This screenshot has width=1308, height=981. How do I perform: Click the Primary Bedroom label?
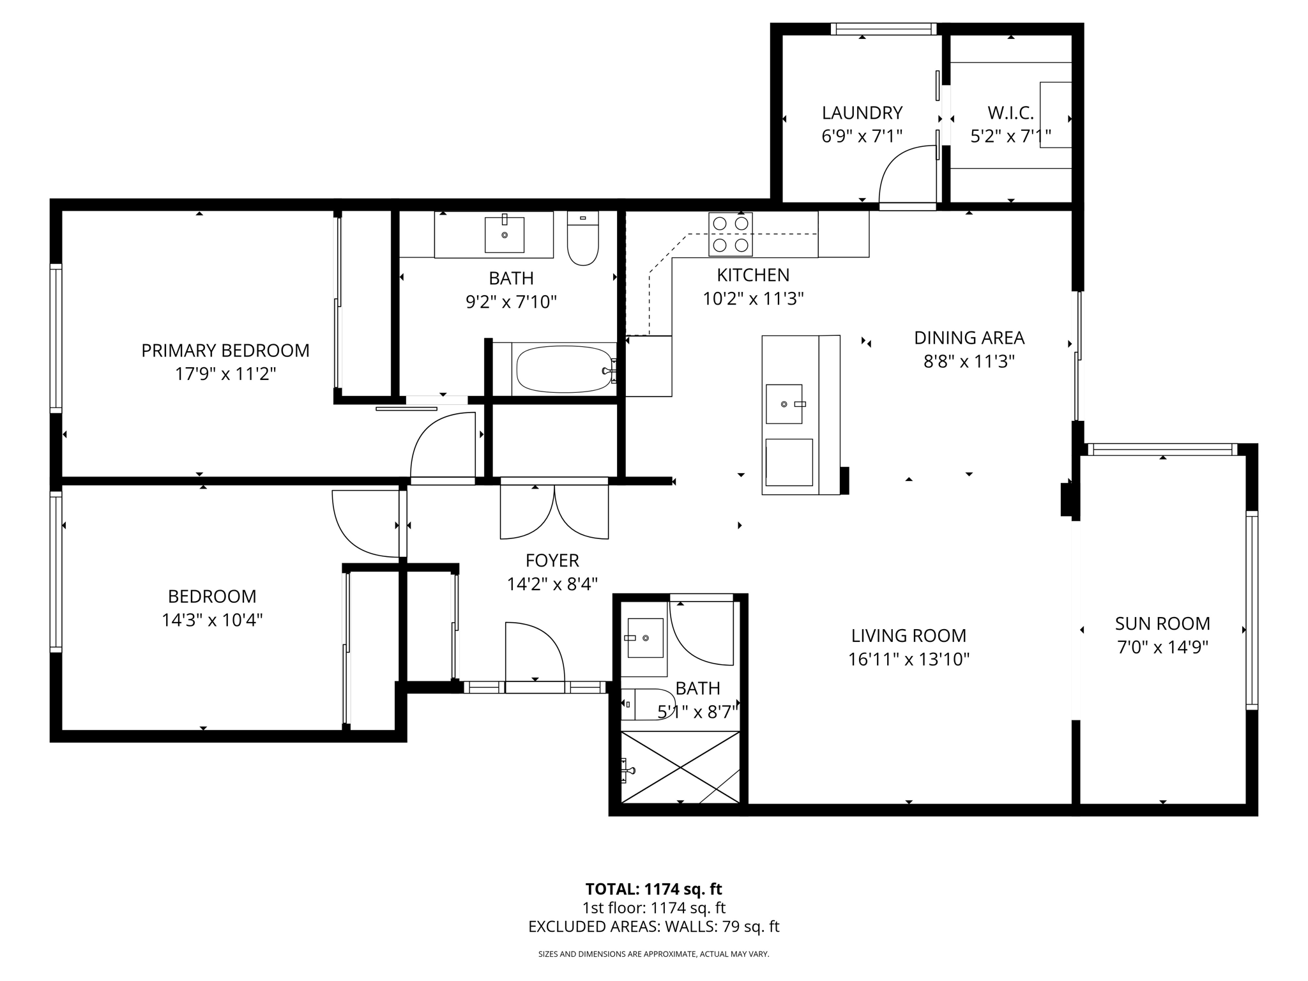click(x=225, y=351)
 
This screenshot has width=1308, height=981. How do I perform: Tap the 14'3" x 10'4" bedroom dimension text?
click(x=212, y=620)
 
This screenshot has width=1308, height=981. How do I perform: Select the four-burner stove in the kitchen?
click(x=730, y=234)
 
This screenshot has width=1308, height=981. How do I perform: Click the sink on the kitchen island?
click(x=784, y=404)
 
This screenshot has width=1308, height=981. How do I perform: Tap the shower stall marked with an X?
click(x=680, y=767)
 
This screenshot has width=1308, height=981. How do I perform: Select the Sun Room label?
click(x=1162, y=623)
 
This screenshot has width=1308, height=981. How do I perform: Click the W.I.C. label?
click(x=1010, y=113)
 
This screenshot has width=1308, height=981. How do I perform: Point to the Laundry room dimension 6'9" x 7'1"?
click(x=862, y=136)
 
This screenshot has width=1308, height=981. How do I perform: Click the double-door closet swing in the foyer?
click(x=554, y=512)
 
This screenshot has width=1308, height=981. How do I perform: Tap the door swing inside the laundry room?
click(x=907, y=176)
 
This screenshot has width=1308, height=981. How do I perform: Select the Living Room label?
click(x=908, y=635)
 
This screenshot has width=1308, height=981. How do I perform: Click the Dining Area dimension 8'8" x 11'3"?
click(x=969, y=361)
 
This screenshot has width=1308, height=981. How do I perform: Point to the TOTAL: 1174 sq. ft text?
click(x=653, y=889)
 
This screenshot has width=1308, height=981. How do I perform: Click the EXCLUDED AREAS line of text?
click(x=653, y=927)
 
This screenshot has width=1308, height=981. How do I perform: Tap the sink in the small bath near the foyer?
click(x=645, y=637)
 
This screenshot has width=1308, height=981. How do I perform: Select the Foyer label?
click(x=552, y=561)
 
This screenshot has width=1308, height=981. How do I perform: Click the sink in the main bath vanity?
click(x=505, y=234)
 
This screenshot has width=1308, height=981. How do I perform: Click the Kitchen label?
click(x=753, y=275)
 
